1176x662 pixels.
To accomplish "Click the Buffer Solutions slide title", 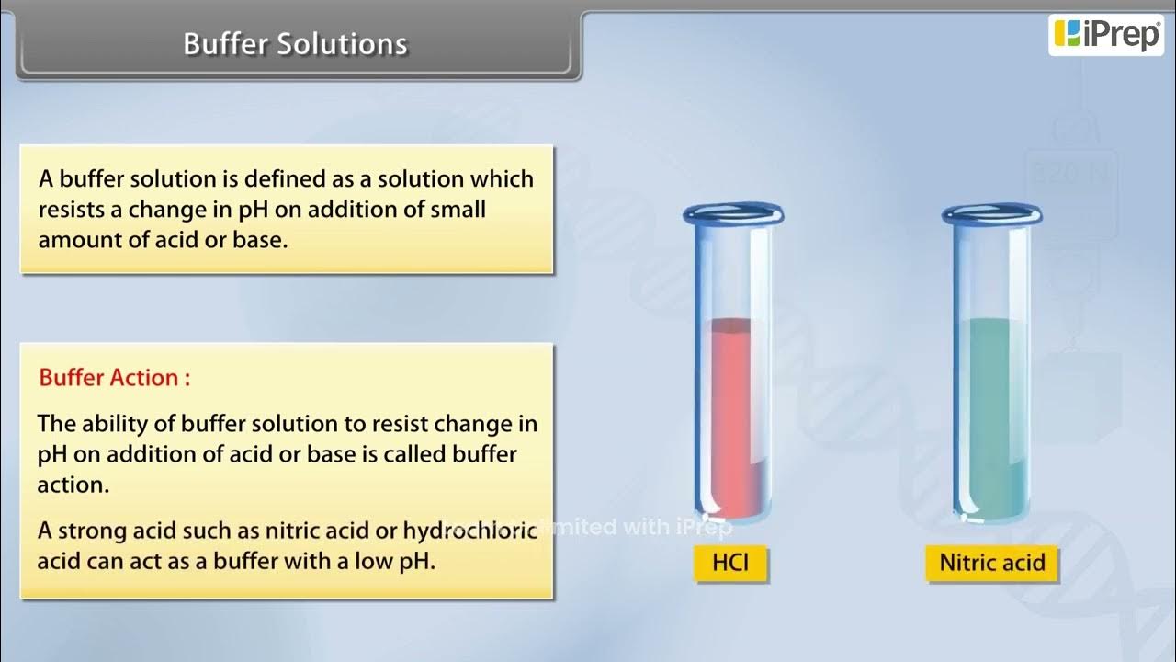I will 295,44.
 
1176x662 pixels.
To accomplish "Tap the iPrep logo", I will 1105,34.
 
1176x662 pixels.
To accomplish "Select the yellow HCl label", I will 729,562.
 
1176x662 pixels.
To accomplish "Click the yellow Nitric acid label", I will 991,562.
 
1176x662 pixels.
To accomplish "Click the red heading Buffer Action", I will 115,378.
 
